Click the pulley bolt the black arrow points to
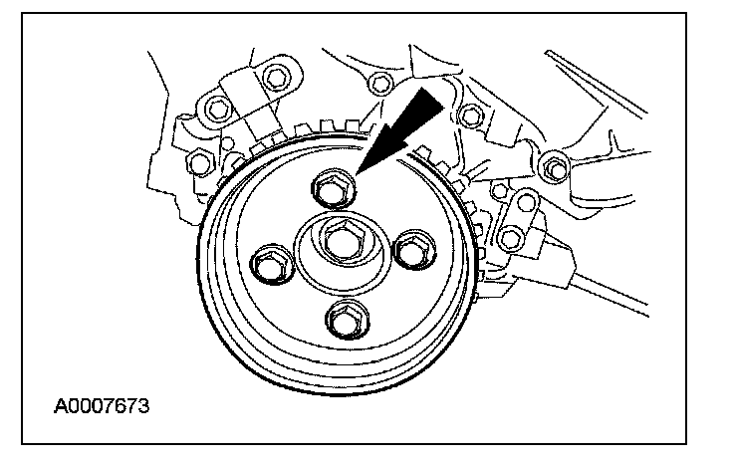(x=334, y=186)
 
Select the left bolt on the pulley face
(x=269, y=264)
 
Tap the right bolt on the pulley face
(x=409, y=249)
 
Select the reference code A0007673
(x=104, y=406)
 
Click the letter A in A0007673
(x=61, y=406)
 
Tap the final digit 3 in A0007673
(x=145, y=406)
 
